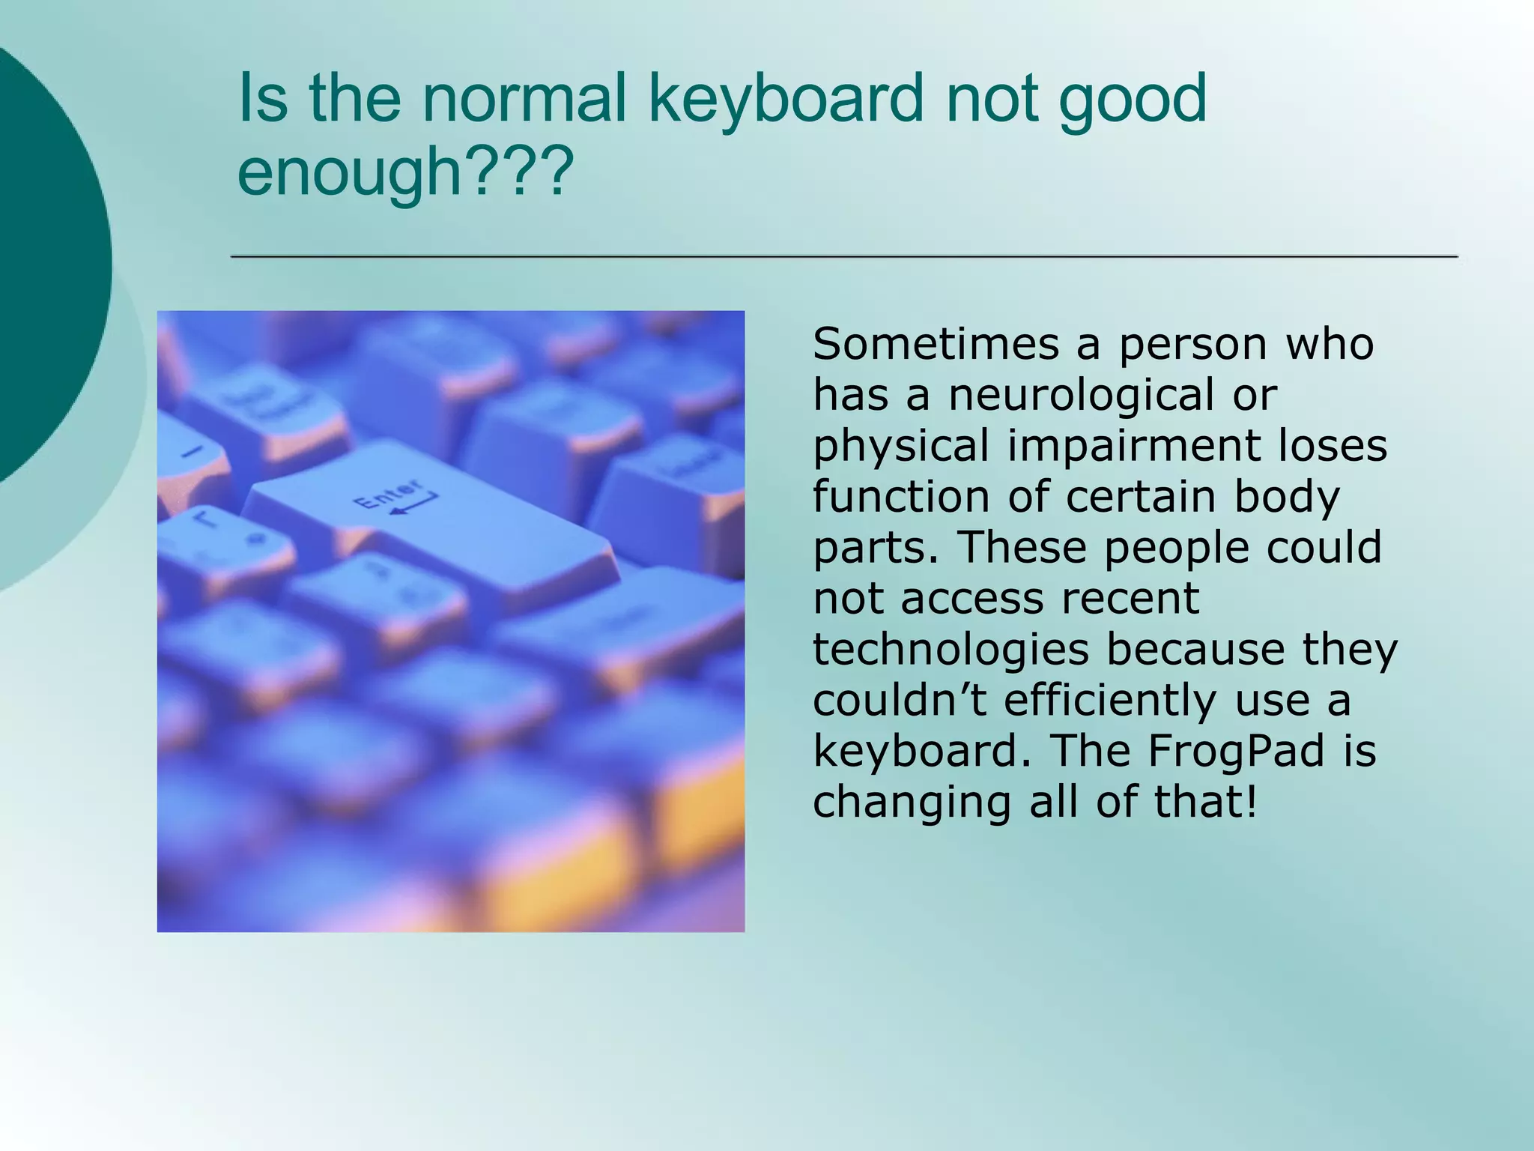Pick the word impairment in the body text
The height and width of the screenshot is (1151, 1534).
pos(1132,446)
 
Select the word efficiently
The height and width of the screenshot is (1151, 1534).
pos(1110,700)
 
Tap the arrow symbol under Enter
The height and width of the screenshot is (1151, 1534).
pos(413,505)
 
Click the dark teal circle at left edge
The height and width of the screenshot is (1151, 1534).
pos(45,262)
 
